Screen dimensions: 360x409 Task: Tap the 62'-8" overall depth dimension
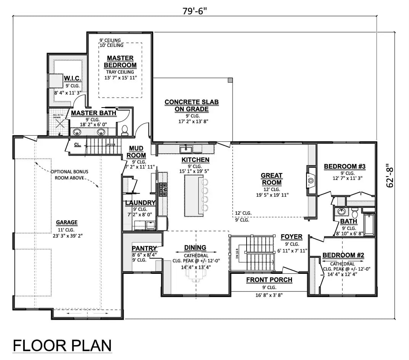389,175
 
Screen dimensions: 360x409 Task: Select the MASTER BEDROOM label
120,61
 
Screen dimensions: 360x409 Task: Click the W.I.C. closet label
72,78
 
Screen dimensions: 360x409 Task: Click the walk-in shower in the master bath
58,123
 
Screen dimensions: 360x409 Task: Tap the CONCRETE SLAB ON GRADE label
192,106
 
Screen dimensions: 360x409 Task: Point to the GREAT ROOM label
271,179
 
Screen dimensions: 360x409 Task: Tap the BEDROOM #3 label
345,166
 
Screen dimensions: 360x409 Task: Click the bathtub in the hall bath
369,225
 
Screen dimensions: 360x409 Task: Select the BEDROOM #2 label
344,255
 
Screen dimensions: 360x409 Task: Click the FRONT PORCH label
269,280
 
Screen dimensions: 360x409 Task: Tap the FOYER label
291,236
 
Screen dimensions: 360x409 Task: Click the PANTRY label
144,248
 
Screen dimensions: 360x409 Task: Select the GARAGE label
67,222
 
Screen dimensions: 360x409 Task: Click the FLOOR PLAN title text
63,346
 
